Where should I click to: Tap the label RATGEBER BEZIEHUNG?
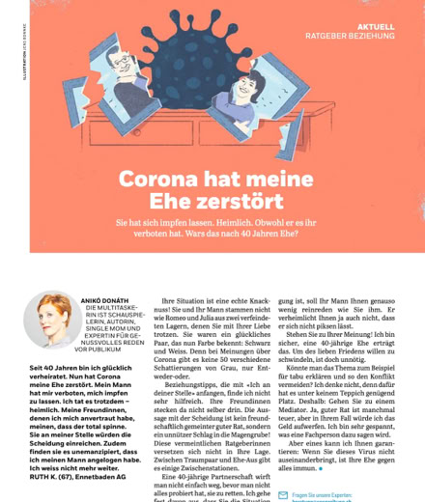(x=350, y=37)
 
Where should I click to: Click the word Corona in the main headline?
(x=158, y=181)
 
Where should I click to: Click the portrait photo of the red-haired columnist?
(x=52, y=320)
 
